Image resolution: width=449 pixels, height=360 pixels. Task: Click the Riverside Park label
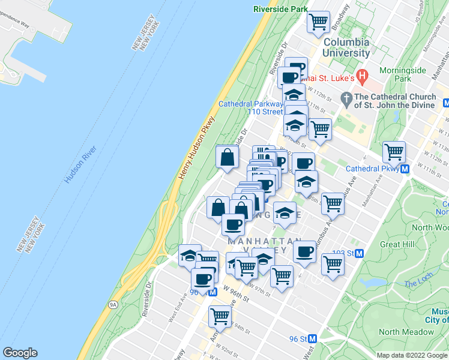coord(280,9)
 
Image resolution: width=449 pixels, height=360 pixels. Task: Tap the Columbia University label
coord(346,47)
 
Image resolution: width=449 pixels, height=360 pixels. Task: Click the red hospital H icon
coord(361,76)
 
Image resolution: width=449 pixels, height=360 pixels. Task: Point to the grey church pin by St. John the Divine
coord(346,97)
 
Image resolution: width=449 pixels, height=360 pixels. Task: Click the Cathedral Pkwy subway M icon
coord(405,169)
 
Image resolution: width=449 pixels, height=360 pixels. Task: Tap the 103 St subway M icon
coord(360,253)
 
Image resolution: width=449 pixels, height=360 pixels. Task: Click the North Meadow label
coord(406,332)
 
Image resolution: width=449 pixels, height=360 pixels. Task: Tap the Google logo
coord(20,353)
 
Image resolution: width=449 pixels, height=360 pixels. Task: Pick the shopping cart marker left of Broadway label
coord(318,22)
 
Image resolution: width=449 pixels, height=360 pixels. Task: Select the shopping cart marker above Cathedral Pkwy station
coord(394,151)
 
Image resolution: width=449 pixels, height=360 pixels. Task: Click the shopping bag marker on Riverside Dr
coord(228,157)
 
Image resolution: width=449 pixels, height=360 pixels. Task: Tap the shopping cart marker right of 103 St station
coord(332,263)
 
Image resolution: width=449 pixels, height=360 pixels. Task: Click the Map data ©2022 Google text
coord(412,355)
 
